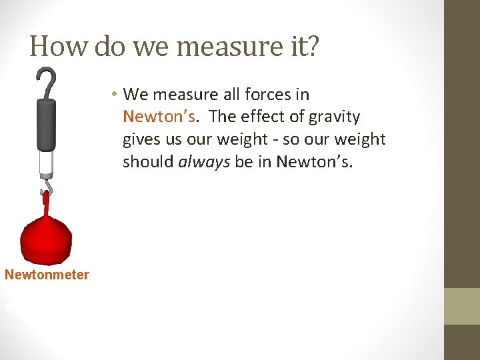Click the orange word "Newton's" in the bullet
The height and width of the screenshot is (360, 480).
[159, 117]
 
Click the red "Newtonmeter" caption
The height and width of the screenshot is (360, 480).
[47, 275]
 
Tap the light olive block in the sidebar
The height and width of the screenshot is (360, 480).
[462, 306]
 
